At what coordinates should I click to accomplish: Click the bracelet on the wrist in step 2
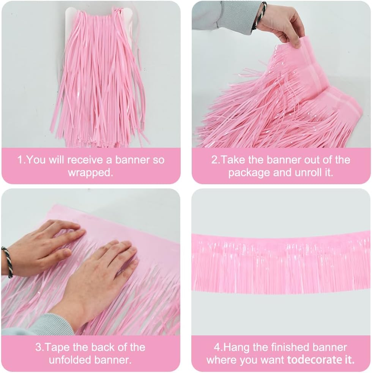coord(260,14)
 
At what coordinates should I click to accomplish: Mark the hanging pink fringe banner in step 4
coord(281,262)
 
